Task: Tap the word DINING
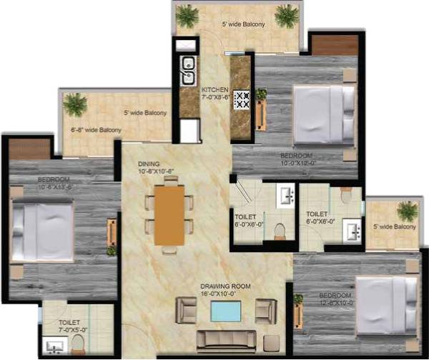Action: pyautogui.click(x=149, y=164)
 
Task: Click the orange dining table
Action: pyautogui.click(x=169, y=214)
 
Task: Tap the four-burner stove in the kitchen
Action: pyautogui.click(x=241, y=99)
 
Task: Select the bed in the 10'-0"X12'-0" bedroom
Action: pyautogui.click(x=323, y=114)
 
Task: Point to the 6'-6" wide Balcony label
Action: pyautogui.click(x=96, y=130)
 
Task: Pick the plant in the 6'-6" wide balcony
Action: pyautogui.click(x=74, y=104)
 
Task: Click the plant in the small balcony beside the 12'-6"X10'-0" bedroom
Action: pyautogui.click(x=407, y=211)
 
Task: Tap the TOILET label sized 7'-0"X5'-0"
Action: pyautogui.click(x=69, y=322)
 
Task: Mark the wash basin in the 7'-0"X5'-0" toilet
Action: pyautogui.click(x=54, y=347)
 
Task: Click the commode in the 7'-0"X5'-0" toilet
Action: pyautogui.click(x=78, y=346)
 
